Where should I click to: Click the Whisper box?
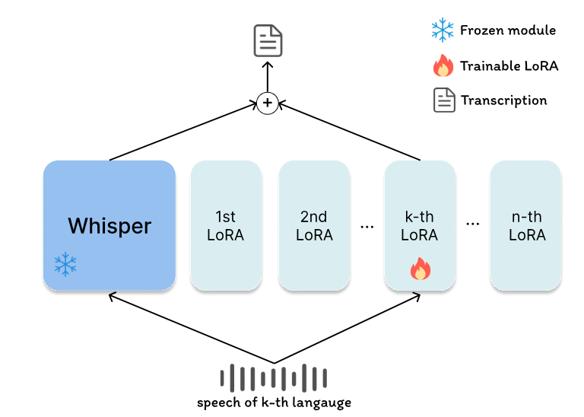click(109, 225)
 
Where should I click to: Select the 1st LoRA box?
click(226, 225)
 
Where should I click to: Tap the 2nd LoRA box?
click(314, 225)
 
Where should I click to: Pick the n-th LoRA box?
click(525, 225)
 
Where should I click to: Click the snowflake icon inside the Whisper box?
click(66, 265)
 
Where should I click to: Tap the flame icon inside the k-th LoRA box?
click(420, 269)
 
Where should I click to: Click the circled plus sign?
click(267, 103)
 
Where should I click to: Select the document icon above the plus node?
click(268, 40)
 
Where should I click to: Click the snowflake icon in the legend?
click(442, 30)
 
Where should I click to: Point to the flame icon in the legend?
click(443, 66)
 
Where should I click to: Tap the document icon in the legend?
click(444, 100)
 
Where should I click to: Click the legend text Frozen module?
click(508, 30)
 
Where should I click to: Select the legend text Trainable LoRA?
click(509, 66)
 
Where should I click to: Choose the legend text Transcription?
click(503, 100)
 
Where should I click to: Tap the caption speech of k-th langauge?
click(274, 403)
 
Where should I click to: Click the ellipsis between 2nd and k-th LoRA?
click(367, 226)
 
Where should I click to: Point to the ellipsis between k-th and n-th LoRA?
click(473, 226)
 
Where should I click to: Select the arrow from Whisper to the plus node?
click(182, 134)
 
